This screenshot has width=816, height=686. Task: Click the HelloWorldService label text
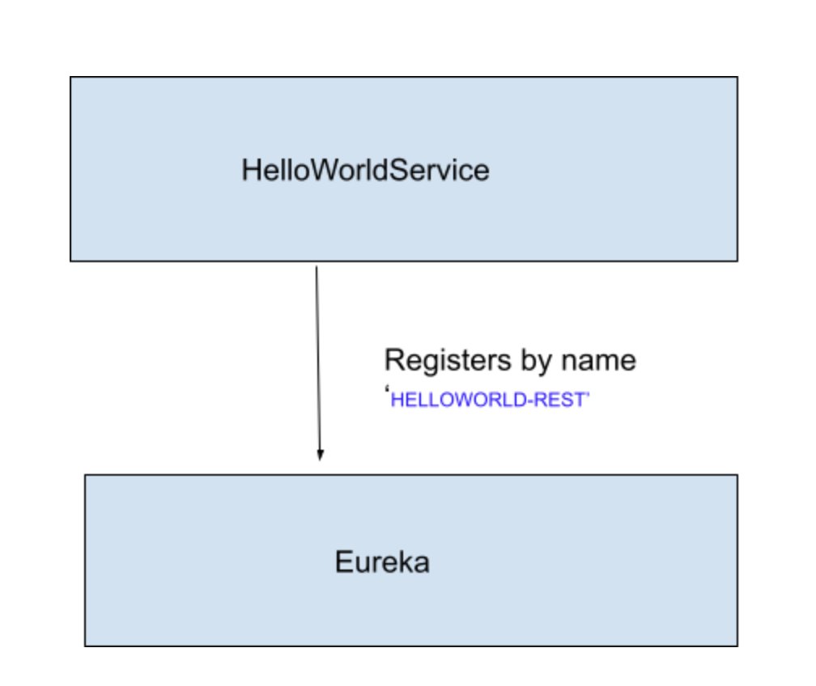click(365, 171)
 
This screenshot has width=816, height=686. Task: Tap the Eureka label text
click(382, 562)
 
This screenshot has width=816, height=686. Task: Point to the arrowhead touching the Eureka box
click(320, 456)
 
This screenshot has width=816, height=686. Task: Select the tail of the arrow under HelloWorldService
click(317, 268)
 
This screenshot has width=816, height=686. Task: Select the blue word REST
click(562, 401)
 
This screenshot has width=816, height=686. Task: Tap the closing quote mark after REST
click(589, 396)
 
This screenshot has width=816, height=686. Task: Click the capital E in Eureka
click(343, 562)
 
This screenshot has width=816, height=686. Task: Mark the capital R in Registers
click(393, 360)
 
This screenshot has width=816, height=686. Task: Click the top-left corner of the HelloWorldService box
click(70, 78)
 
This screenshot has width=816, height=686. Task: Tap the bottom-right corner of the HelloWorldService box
click(737, 260)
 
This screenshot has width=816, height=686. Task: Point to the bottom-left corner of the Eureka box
click(85, 646)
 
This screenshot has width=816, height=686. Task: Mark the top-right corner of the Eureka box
click(737, 475)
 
